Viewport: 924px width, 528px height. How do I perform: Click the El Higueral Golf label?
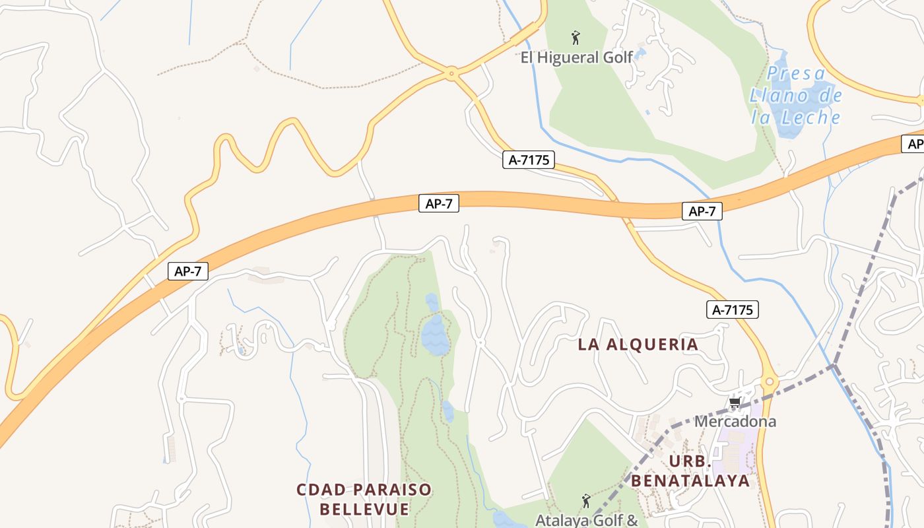577,57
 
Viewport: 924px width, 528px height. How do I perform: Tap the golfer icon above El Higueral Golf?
576,38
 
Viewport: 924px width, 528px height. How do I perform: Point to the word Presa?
797,73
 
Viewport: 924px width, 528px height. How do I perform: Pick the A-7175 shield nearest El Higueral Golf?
528,160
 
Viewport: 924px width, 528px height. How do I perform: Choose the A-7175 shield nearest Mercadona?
733,310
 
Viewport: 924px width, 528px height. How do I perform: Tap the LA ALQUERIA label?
638,345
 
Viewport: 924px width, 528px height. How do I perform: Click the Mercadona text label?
735,421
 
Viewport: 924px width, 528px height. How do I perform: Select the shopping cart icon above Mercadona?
734,403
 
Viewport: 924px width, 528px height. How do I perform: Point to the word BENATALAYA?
690,480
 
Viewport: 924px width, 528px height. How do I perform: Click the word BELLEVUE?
364,510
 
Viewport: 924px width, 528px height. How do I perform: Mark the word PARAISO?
389,490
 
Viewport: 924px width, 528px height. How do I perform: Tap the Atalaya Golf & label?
586,520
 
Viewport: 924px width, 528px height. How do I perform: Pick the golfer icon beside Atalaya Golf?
585,502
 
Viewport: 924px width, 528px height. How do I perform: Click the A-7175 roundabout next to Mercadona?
769,382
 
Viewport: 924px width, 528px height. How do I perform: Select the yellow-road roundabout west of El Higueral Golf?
452,73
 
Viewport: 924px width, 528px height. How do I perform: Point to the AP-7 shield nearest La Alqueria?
702,211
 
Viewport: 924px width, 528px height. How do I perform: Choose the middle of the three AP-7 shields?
438,203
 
